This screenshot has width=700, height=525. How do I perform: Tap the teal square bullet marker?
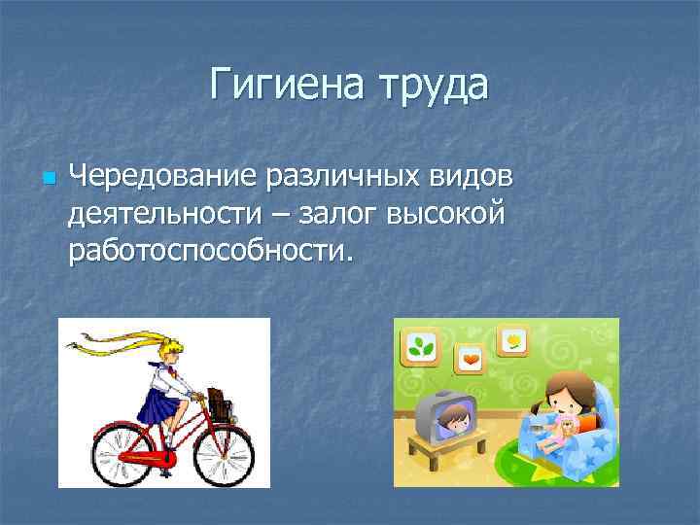47,179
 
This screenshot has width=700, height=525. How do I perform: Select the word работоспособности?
206,252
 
